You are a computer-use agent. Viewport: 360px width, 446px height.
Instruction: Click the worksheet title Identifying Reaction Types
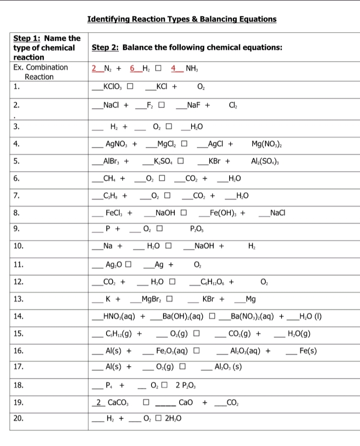(182, 19)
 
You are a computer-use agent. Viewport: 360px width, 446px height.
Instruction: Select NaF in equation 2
(194, 105)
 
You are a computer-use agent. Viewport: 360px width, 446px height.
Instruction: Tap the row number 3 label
(16, 126)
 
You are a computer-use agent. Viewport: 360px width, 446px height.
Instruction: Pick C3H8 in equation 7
(109, 195)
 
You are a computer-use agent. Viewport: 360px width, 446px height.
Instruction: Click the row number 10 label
(18, 246)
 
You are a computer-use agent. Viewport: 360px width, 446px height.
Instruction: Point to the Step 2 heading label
(105, 47)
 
